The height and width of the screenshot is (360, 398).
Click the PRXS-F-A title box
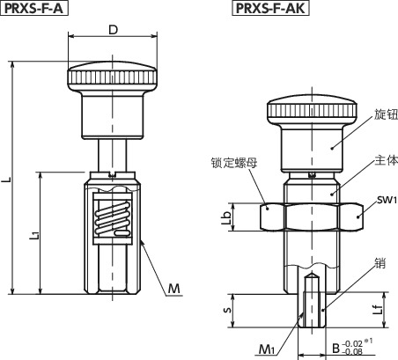pyautogui.click(x=34, y=8)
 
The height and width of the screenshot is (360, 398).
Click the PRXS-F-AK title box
pyautogui.click(x=270, y=8)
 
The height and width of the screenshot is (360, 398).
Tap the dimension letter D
pyautogui.click(x=113, y=30)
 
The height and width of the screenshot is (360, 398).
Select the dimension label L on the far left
pyautogui.click(x=6, y=179)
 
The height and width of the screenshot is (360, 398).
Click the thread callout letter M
pyautogui.click(x=173, y=289)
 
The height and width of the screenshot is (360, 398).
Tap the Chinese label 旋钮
pyautogui.click(x=386, y=114)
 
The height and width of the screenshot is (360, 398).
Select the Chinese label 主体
pyautogui.click(x=387, y=160)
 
